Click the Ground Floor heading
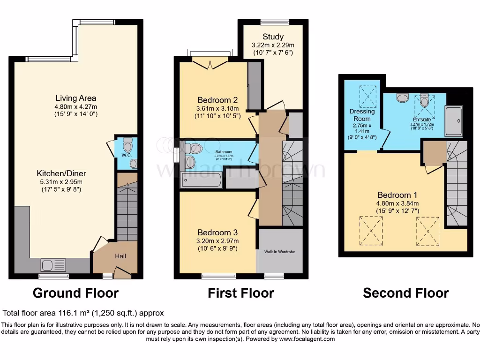(x=75, y=293)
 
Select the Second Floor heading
(x=405, y=293)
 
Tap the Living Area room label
(x=75, y=98)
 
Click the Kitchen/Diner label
(x=62, y=173)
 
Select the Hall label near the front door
(x=120, y=256)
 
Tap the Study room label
(x=273, y=37)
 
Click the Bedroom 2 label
(x=217, y=100)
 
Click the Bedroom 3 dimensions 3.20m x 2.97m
(x=217, y=241)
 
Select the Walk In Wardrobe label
(x=280, y=252)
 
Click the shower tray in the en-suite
(x=453, y=120)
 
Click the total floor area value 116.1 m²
(x=83, y=313)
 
